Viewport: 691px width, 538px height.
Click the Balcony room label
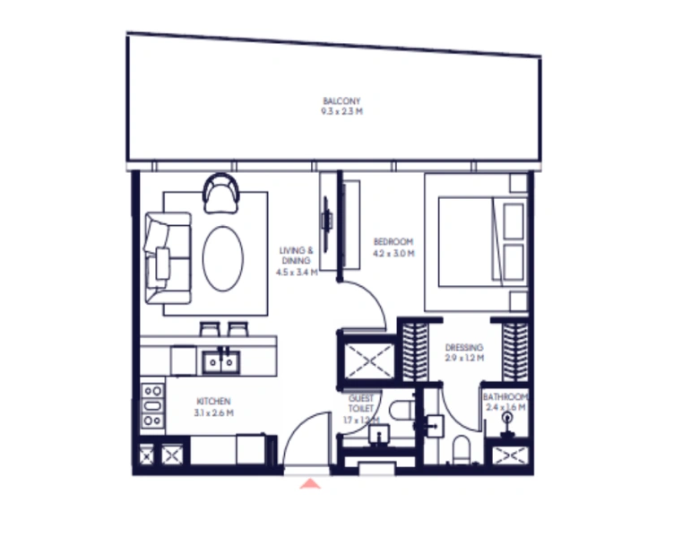pyautogui.click(x=341, y=101)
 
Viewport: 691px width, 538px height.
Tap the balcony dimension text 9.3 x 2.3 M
pyautogui.click(x=341, y=112)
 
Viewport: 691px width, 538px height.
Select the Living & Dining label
pyautogui.click(x=296, y=256)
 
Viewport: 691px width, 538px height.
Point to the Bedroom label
pyautogui.click(x=393, y=242)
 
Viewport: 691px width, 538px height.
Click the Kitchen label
pyautogui.click(x=213, y=401)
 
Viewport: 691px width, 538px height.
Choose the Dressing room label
pyautogui.click(x=463, y=347)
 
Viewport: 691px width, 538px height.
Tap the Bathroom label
pyautogui.click(x=505, y=396)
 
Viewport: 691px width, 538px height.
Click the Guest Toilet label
pyautogui.click(x=362, y=403)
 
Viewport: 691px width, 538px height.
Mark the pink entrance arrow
pyautogui.click(x=309, y=484)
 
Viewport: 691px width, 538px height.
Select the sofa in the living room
pyautogui.click(x=168, y=258)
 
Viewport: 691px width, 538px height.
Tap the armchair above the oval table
pyautogui.click(x=220, y=193)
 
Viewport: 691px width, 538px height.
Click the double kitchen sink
pyautogui.click(x=220, y=360)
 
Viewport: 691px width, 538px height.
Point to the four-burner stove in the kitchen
pyautogui.click(x=152, y=404)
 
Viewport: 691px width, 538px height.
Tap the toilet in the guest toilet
pyautogui.click(x=400, y=411)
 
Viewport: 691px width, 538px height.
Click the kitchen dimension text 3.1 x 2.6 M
pyautogui.click(x=213, y=413)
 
